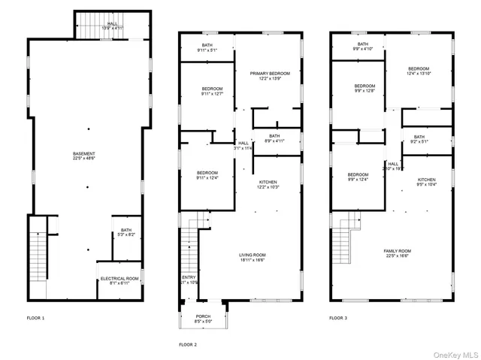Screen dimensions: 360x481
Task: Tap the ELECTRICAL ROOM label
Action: (119, 281)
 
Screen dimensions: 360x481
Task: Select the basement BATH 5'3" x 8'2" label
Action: (125, 232)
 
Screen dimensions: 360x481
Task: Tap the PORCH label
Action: (203, 319)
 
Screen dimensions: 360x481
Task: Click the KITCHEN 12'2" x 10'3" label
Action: (269, 184)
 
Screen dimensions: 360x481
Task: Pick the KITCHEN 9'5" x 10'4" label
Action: (427, 183)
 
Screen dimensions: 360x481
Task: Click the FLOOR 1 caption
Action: (35, 318)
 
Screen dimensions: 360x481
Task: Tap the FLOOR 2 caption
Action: (187, 344)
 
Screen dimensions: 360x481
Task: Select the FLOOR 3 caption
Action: (338, 318)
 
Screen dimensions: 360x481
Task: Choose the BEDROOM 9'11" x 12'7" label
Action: (207, 91)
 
